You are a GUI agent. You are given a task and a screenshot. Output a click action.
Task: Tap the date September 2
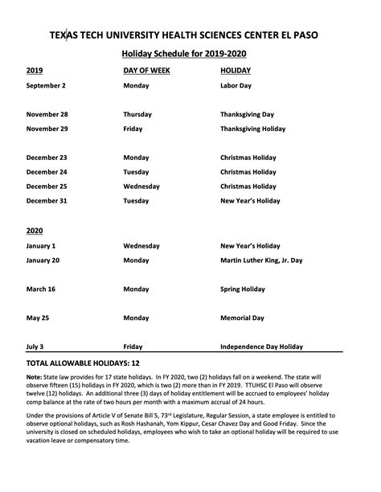(x=46, y=85)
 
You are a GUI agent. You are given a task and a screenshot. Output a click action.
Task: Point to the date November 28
(x=47, y=114)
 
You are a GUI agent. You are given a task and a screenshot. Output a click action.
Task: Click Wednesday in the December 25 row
(x=141, y=186)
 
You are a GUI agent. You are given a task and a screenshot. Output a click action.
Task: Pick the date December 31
(x=47, y=200)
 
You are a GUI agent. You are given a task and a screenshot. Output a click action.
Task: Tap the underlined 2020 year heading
(x=35, y=230)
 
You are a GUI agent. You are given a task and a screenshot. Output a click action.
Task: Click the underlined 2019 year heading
(x=35, y=71)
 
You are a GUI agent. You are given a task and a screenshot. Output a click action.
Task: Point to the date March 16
(x=41, y=289)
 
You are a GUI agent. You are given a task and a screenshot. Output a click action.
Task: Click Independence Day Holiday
(x=261, y=346)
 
